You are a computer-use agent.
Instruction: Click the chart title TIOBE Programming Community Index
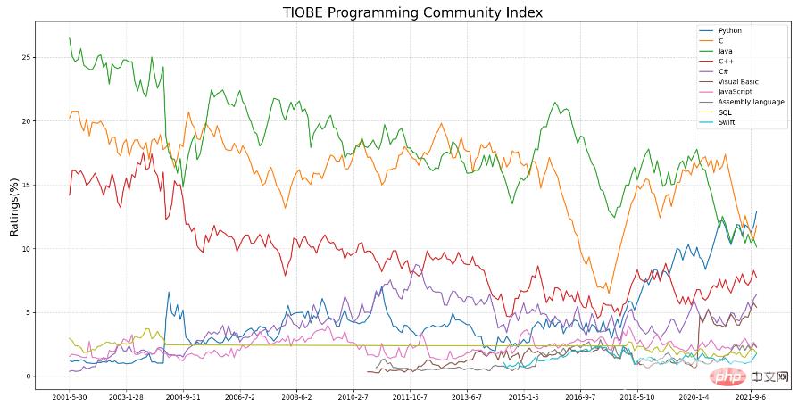click(411, 12)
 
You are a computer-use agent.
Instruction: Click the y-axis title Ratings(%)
click(14, 204)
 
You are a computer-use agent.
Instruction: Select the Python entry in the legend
click(729, 31)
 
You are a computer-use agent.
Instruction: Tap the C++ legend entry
click(726, 62)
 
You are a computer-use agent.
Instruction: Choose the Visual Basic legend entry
click(737, 82)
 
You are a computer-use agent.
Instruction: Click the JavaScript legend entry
click(736, 92)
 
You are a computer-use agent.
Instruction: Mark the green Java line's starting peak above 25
click(70, 38)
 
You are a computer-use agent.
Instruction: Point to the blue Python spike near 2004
click(168, 292)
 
